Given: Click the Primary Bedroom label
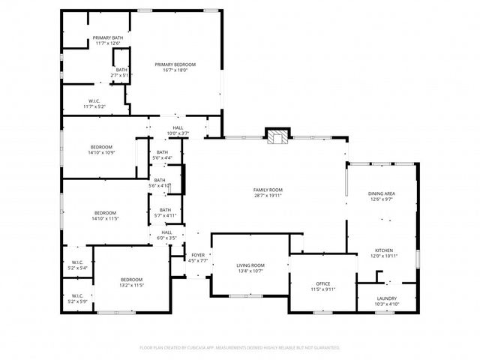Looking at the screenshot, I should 175,64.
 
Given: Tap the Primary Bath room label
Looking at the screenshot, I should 108,37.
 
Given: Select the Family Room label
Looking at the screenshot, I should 268,190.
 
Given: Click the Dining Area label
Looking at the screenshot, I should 381,193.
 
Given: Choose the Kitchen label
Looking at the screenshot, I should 383,250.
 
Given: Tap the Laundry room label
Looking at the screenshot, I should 387,298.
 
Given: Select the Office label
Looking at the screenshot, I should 323,283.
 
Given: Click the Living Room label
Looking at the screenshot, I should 250,265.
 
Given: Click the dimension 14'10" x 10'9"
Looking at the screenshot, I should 101,153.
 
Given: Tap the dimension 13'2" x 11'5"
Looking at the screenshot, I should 132,285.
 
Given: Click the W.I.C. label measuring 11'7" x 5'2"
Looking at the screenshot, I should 94,106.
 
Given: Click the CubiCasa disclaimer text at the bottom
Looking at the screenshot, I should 239,348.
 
